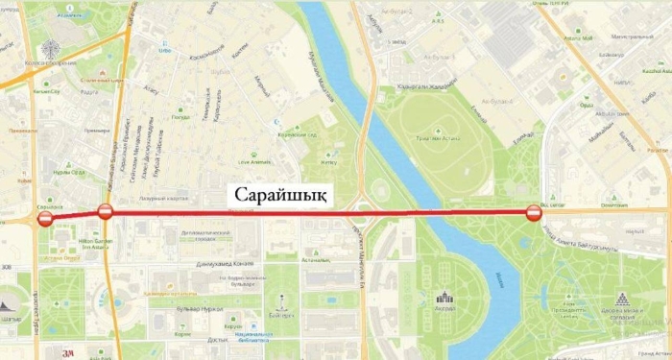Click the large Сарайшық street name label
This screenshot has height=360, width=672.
279,194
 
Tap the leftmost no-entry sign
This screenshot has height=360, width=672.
45,221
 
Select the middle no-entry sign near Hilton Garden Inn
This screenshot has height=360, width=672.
106,212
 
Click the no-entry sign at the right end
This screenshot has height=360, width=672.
535,213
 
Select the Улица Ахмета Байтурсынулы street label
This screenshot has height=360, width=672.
587,236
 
